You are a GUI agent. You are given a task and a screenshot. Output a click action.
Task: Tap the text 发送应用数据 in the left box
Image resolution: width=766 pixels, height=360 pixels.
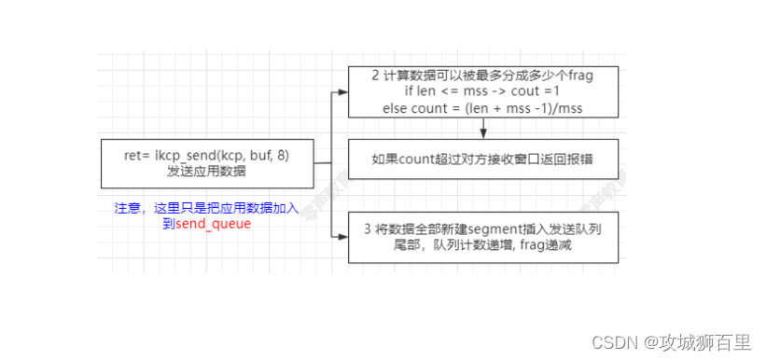point(206,172)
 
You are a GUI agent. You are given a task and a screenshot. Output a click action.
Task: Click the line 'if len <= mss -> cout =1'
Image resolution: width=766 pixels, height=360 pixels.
point(482,92)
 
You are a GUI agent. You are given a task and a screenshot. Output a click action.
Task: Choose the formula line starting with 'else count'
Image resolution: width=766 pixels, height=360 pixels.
point(482,108)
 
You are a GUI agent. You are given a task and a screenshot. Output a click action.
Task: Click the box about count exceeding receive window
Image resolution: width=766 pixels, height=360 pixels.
point(482,160)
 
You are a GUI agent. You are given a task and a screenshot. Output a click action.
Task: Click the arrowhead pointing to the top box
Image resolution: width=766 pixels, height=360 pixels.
point(341,92)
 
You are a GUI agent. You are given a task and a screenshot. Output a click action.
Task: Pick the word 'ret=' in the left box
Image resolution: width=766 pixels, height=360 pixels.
point(137,155)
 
